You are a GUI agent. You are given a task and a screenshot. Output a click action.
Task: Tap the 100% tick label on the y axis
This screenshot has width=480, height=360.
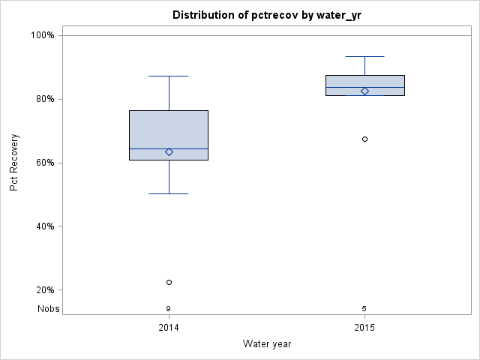42,35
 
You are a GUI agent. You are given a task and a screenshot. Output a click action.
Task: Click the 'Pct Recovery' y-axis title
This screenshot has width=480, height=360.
14,162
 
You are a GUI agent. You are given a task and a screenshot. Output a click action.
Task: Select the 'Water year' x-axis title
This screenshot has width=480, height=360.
267,344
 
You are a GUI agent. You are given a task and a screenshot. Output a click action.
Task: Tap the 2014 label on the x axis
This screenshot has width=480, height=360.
169,328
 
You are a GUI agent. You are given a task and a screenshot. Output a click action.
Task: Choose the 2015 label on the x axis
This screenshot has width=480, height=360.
364,328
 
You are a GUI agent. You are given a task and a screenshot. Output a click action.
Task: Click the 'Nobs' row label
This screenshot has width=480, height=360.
49,309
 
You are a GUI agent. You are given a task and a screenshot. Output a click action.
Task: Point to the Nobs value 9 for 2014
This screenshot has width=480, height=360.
169,309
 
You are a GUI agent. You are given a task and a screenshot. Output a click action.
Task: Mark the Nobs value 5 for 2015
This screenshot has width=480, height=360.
364,309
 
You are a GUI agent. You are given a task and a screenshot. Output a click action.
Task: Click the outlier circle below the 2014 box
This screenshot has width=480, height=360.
169,282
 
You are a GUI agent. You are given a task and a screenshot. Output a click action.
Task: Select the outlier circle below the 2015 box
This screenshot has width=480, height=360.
364,139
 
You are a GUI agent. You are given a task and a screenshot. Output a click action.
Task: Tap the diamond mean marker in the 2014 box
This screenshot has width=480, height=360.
169,151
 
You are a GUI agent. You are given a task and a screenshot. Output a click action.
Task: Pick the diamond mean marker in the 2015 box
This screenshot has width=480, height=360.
364,91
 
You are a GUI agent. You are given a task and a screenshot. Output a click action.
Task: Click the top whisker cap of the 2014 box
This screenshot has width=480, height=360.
169,76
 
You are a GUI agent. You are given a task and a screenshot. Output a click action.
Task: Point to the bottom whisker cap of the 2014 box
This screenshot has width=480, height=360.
169,193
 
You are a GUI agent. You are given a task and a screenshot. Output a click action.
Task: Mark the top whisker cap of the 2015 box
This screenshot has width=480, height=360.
364,56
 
